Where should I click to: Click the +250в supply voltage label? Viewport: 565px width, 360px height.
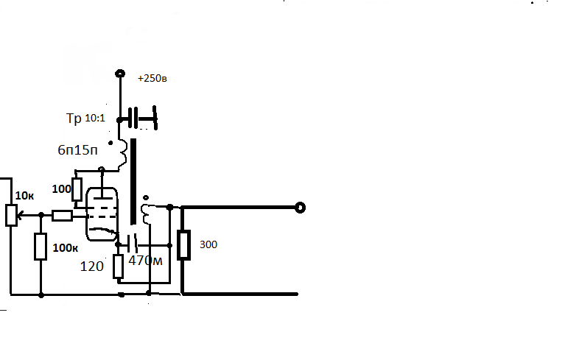(x=152, y=78)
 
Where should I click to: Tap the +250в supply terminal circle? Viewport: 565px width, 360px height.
(x=120, y=74)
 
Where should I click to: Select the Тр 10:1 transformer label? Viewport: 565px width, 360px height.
(x=85, y=118)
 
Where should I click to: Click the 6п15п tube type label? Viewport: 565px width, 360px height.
(x=77, y=149)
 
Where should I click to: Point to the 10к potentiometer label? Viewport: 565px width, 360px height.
(x=24, y=196)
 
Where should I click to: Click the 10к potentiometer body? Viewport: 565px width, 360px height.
(x=12, y=215)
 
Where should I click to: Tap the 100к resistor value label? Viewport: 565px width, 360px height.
(x=66, y=247)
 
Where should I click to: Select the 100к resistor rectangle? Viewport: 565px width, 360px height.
(x=41, y=247)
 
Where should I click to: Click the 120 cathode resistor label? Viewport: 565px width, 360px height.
(x=91, y=267)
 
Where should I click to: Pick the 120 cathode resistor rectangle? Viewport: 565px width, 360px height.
(x=118, y=267)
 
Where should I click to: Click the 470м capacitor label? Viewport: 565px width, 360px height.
(x=145, y=261)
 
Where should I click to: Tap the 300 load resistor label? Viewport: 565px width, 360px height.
(x=208, y=244)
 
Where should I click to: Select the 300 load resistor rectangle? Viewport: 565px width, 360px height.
(x=183, y=245)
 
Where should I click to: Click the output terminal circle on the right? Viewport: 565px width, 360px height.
(x=300, y=208)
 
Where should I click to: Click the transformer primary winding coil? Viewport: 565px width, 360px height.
(x=123, y=154)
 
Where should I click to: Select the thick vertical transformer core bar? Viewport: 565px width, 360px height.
(x=133, y=181)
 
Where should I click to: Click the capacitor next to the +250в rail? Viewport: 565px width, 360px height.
(x=133, y=118)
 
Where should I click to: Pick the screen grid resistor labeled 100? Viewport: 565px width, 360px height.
(x=77, y=189)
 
